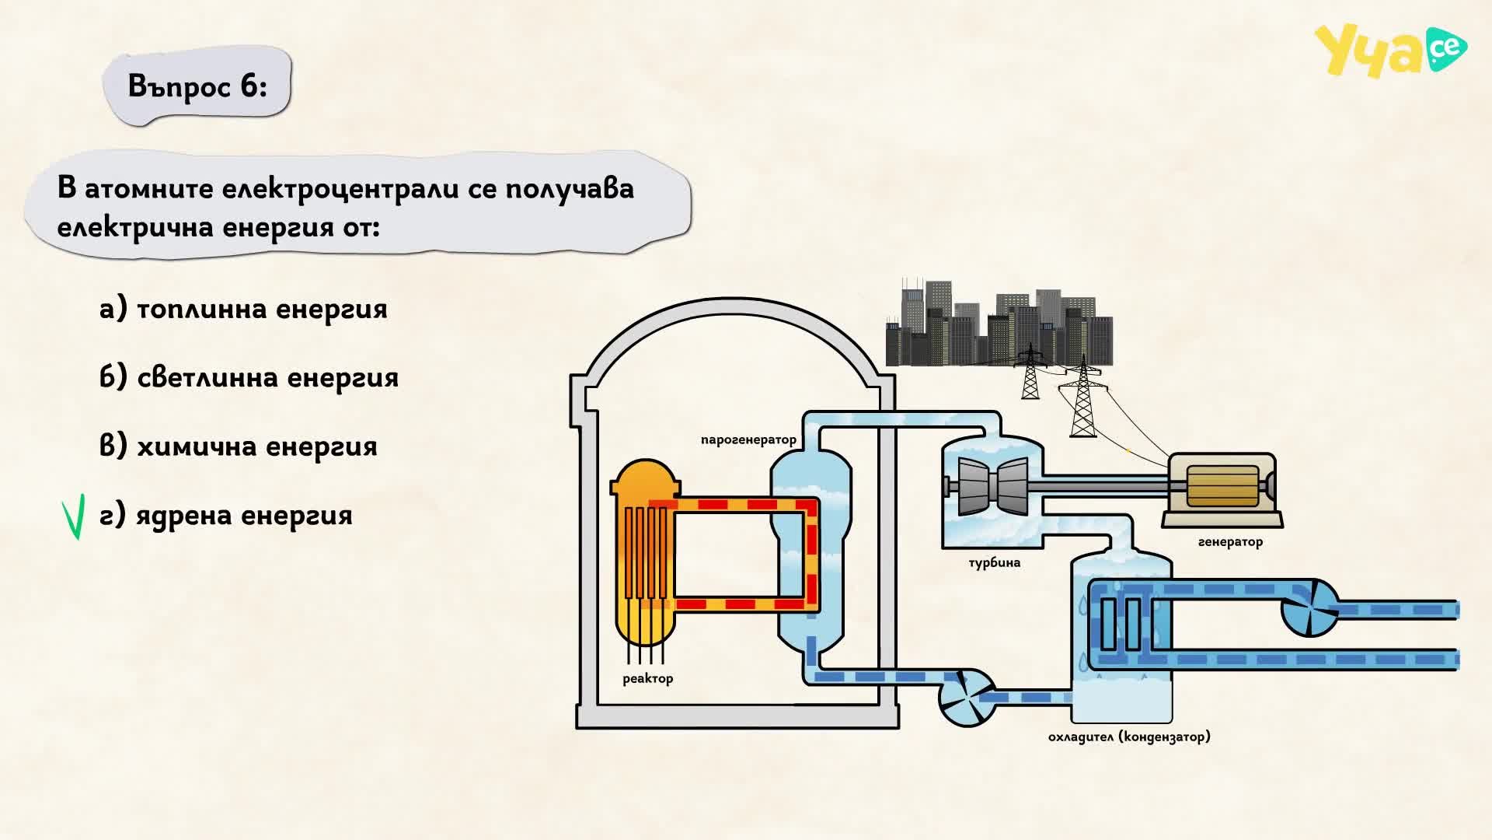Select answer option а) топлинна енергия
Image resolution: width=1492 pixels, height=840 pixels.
click(x=243, y=310)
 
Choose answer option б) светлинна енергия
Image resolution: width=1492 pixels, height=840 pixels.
click(x=249, y=378)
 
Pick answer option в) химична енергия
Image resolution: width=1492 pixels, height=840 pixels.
click(x=238, y=446)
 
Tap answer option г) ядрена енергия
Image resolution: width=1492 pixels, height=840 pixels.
click(x=225, y=516)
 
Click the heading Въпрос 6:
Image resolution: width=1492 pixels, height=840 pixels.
click(x=197, y=86)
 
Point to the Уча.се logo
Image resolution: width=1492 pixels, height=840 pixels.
click(x=1390, y=51)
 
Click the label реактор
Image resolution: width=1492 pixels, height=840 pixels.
click(x=647, y=679)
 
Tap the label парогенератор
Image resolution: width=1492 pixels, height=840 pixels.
click(x=748, y=440)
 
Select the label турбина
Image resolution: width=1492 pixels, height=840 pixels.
click(x=994, y=562)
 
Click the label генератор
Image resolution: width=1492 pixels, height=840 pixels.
click(x=1230, y=542)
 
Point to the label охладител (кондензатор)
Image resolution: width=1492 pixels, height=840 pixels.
click(x=1129, y=737)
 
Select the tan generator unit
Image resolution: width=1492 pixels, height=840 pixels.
click(x=1222, y=485)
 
